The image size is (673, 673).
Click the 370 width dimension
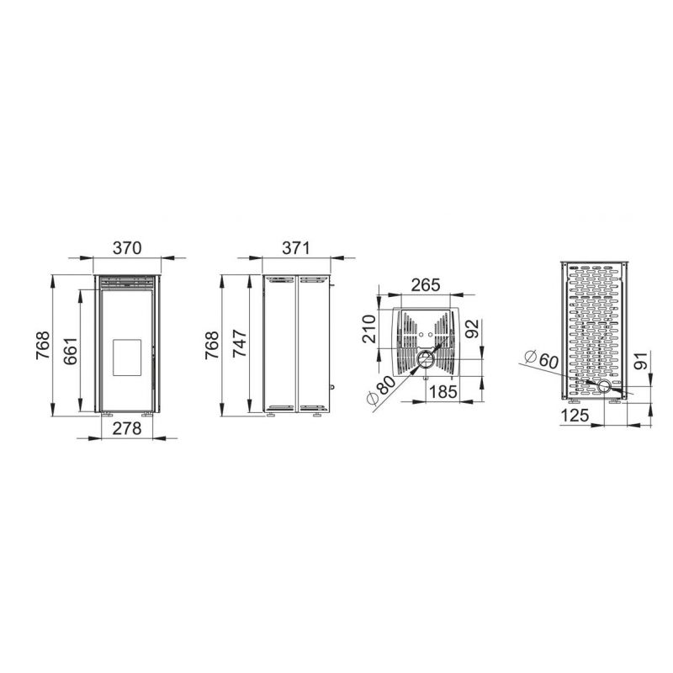pos(127,248)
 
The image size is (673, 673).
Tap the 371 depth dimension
pos(296,248)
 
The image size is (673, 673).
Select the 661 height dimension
pos(71,351)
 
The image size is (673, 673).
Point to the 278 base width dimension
pos(127,428)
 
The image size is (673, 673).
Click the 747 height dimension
pos(239,343)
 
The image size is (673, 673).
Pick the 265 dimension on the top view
pos(426,285)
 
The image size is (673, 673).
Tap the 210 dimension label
pos(369,329)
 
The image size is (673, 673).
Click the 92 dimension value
pos(472,329)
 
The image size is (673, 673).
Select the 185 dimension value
pos(442,392)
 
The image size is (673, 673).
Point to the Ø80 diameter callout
pos(380,390)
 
